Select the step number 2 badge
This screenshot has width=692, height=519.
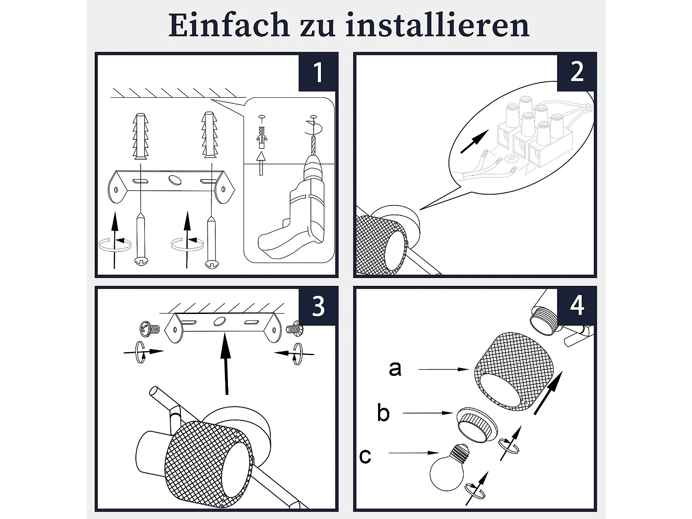coord(576,73)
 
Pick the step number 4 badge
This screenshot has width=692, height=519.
coord(576,306)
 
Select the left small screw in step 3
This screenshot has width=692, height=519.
coord(149,329)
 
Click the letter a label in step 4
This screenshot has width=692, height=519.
coord(395,368)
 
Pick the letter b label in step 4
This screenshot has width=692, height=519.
coord(383,413)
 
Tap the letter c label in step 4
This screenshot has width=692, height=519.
coord(365,456)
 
